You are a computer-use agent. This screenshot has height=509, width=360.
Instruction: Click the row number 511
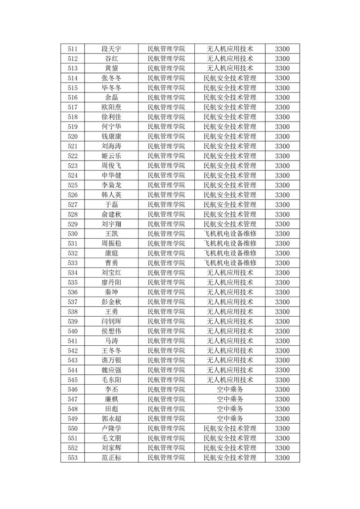[x=73, y=49]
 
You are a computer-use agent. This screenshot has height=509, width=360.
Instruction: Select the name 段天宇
[x=111, y=49]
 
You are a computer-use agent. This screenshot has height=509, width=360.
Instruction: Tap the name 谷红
[x=111, y=59]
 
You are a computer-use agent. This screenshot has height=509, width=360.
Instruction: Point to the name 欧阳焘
[x=111, y=108]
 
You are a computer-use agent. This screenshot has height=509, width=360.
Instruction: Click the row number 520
[x=73, y=137]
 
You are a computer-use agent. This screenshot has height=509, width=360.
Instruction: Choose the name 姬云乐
[x=111, y=156]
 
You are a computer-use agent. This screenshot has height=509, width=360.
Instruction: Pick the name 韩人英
[x=111, y=195]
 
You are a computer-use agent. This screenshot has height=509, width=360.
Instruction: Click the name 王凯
[x=111, y=234]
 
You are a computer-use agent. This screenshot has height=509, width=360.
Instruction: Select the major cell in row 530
[x=230, y=234]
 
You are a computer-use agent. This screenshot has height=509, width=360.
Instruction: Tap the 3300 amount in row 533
[x=282, y=263]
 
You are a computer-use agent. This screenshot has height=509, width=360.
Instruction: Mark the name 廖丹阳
[x=111, y=283]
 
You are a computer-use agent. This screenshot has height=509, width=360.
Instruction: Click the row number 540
[x=73, y=331]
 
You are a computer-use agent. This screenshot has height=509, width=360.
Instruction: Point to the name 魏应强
[x=111, y=370]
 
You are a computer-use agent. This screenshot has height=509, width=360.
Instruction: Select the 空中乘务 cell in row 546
[x=230, y=390]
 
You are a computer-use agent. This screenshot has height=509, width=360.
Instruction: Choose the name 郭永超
[x=111, y=419]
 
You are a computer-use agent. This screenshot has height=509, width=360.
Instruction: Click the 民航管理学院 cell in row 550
[x=167, y=429]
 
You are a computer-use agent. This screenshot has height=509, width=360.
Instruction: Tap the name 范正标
[x=111, y=458]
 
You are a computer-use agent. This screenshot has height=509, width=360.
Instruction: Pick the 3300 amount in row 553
[x=282, y=458]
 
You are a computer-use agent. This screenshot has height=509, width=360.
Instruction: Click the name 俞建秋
[x=111, y=215]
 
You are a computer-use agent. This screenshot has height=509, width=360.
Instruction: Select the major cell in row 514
[x=230, y=78]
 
